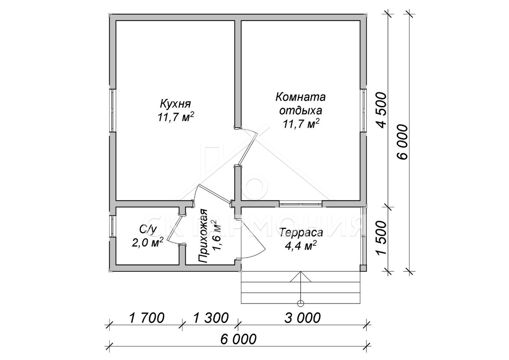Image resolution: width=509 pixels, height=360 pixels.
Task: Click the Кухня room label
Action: coord(175,104)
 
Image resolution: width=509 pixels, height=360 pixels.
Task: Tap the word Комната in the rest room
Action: coord(301,97)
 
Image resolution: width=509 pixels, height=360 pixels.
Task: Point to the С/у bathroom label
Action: coord(148,230)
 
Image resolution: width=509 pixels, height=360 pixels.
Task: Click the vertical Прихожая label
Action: coord(204,236)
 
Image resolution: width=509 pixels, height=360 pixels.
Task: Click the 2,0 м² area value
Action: coord(148,243)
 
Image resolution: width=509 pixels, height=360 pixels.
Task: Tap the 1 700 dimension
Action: coord(146,318)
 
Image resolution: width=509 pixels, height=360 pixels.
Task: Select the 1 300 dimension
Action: coord(211,318)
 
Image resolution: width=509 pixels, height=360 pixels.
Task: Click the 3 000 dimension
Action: coord(303,318)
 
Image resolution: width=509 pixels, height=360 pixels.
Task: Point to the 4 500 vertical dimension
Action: coord(381,111)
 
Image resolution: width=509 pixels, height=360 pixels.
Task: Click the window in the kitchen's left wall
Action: coord(112,111)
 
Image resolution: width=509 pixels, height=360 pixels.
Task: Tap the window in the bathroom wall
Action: coord(112,227)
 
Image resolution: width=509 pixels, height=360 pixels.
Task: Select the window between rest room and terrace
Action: coord(301,204)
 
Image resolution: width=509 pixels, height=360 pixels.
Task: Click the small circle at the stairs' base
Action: coord(301,303)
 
